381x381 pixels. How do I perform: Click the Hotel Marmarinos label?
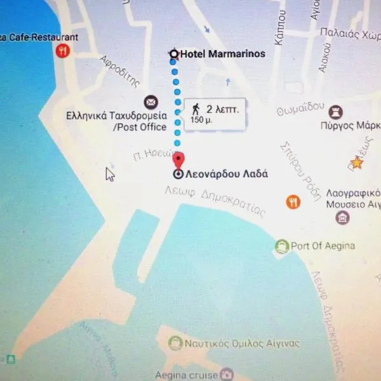pyautogui.click(x=222, y=55)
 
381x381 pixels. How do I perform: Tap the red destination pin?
pyautogui.click(x=179, y=160)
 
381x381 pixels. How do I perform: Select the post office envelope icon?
pyautogui.click(x=151, y=102)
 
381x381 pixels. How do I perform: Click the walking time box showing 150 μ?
pyautogui.click(x=215, y=114)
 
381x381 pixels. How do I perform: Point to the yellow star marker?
pyautogui.click(x=357, y=163)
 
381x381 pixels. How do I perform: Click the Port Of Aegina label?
pyautogui.click(x=323, y=246)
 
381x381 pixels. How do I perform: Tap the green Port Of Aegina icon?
pyautogui.click(x=282, y=246)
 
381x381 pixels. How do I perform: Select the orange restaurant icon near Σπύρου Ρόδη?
pyautogui.click(x=293, y=202)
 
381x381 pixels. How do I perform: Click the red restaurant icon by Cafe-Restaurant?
pyautogui.click(x=62, y=51)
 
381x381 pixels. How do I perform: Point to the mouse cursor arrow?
pyautogui.click(x=109, y=174)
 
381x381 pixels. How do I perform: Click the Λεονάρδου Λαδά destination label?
pyautogui.click(x=226, y=174)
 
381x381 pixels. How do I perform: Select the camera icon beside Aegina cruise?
pyautogui.click(x=227, y=375)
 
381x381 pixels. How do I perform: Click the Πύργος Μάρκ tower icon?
pyautogui.click(x=336, y=113)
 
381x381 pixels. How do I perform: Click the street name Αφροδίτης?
pyautogui.click(x=119, y=71)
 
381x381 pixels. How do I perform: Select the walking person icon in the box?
pyautogui.click(x=196, y=109)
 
